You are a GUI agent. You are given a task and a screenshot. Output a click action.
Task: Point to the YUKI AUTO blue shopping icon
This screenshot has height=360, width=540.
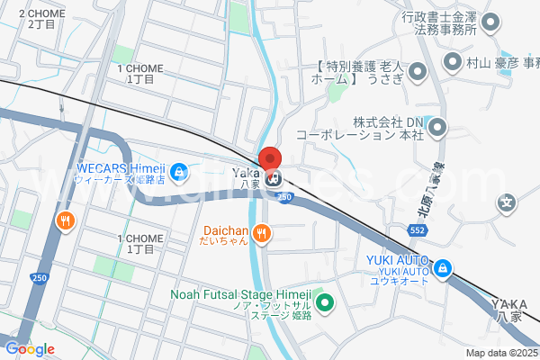pyautogui.click(x=442, y=267)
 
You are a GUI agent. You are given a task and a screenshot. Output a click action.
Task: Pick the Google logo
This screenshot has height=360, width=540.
pyautogui.click(x=30, y=349)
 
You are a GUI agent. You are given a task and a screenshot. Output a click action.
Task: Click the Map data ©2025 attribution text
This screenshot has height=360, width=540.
pyautogui.click(x=502, y=353)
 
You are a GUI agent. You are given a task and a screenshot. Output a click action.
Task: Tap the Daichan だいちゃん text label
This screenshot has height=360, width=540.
pyautogui.click(x=219, y=235)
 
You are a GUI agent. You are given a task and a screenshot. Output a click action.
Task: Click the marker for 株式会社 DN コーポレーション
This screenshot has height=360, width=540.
pyautogui.click(x=437, y=128)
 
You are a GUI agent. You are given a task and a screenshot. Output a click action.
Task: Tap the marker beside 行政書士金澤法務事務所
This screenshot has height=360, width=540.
pyautogui.click(x=491, y=23)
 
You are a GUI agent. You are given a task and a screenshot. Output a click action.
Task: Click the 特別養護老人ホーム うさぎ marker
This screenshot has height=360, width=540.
pyautogui.click(x=417, y=71)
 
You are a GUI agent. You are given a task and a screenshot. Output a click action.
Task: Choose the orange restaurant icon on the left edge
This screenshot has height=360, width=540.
pyautogui.click(x=66, y=220)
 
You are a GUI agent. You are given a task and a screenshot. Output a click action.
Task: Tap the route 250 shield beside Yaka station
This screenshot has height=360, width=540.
pyautogui.click(x=284, y=196)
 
